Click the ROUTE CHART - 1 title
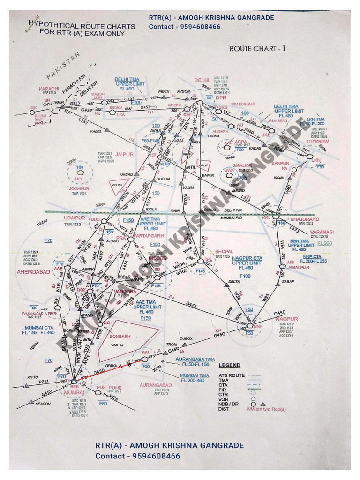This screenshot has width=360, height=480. coord(257,48)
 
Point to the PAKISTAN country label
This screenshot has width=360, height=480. coord(64,66)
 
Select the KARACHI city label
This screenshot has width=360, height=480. coord(49,89)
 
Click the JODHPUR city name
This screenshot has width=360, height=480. coord(79,188)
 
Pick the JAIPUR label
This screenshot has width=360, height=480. coord(125,154)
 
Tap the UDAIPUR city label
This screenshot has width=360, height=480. coord(75,218)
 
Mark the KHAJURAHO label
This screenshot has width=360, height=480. coord(305,219)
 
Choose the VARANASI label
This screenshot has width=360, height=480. coord(321,232)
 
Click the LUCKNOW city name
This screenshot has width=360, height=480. coord(318,141)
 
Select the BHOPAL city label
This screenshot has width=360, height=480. coord(225,252)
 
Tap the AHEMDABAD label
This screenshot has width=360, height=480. coord(33,272)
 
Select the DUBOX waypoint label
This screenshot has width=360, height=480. coord(187,338)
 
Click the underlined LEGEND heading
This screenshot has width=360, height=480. coord(230,365)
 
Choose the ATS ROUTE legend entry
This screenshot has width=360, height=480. coord(232,375)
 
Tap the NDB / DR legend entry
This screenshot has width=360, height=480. coord(229,404)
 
